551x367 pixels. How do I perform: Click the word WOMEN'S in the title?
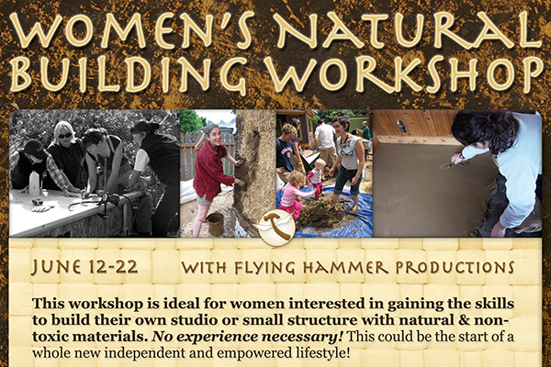click(x=131, y=31)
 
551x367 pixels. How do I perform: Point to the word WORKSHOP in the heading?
click(x=403, y=74)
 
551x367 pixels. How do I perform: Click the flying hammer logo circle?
click(x=276, y=228)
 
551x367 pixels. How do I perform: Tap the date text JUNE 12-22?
click(x=84, y=267)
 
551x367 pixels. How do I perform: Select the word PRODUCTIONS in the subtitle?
click(x=455, y=268)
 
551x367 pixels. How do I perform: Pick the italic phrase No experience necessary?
click(x=247, y=337)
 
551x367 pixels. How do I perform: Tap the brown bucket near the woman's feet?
click(x=215, y=224)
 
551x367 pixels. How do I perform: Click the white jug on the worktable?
click(x=34, y=183)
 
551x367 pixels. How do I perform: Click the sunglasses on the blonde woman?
click(x=64, y=136)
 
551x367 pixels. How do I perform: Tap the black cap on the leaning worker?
click(x=34, y=149)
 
